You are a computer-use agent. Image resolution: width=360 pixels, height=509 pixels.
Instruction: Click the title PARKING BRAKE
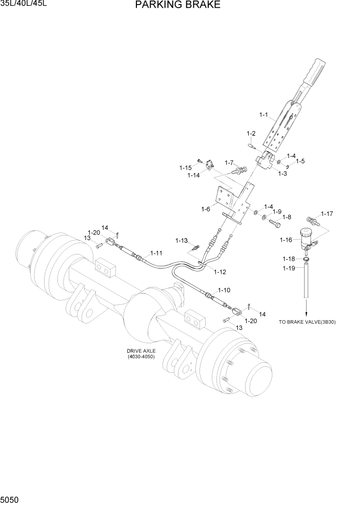coord(178,5)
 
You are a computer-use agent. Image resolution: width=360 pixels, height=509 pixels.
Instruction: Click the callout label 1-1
coord(264,115)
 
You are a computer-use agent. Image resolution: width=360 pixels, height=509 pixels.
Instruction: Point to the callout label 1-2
coord(251,133)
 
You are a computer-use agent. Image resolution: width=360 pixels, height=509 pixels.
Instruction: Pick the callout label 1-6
coord(206,209)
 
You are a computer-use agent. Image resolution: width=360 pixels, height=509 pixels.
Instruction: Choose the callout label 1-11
coord(156,253)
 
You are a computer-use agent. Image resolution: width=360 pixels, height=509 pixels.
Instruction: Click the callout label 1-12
coord(219,271)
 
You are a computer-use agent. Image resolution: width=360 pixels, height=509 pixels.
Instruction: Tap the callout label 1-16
coord(287,240)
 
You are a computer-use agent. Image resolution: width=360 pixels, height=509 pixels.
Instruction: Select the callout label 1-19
coord(288,268)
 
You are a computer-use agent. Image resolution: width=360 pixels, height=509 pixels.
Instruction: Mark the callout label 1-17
coord(327,213)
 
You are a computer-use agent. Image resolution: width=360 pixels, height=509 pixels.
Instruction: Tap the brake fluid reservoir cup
coord(307,233)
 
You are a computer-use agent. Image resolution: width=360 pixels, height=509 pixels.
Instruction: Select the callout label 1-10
coord(224,290)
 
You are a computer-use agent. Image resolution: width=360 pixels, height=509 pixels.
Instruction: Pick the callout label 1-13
coord(182,240)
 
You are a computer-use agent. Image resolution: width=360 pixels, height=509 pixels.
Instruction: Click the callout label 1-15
coord(185,167)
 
